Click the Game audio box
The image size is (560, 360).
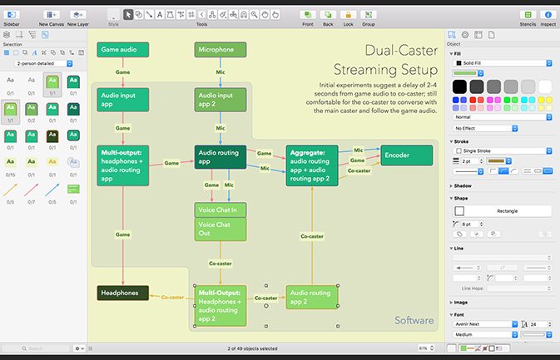pos(122,50)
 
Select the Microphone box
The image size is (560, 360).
pos(221,50)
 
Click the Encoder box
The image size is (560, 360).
pos(407,155)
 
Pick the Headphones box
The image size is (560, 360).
pos(122,293)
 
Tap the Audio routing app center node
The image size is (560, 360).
pos(221,157)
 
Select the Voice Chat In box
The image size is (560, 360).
pos(221,210)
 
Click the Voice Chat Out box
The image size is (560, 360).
pos(221,229)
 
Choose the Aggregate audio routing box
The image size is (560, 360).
pos(312,165)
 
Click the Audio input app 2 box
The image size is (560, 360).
pos(221,100)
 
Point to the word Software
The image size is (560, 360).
pos(414,320)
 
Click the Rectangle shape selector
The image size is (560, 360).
pos(502,210)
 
